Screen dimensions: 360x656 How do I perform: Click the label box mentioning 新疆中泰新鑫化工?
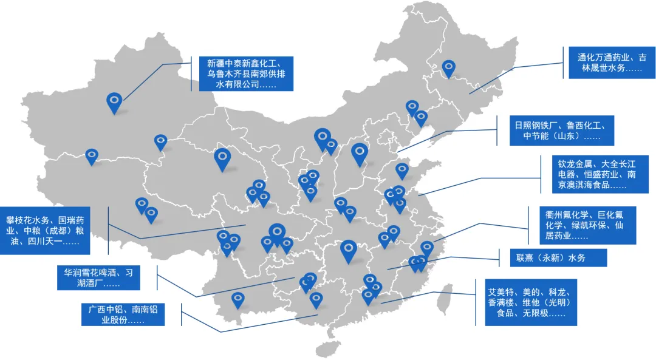pyautogui.click(x=246, y=73)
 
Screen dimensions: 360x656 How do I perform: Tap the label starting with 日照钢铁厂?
pyautogui.click(x=562, y=131)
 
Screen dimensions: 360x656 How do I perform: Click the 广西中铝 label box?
pyautogui.click(x=123, y=314)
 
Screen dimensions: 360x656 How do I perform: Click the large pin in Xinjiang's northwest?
pyautogui.click(x=114, y=102)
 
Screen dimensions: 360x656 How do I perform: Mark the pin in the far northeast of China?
pyautogui.click(x=448, y=68)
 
